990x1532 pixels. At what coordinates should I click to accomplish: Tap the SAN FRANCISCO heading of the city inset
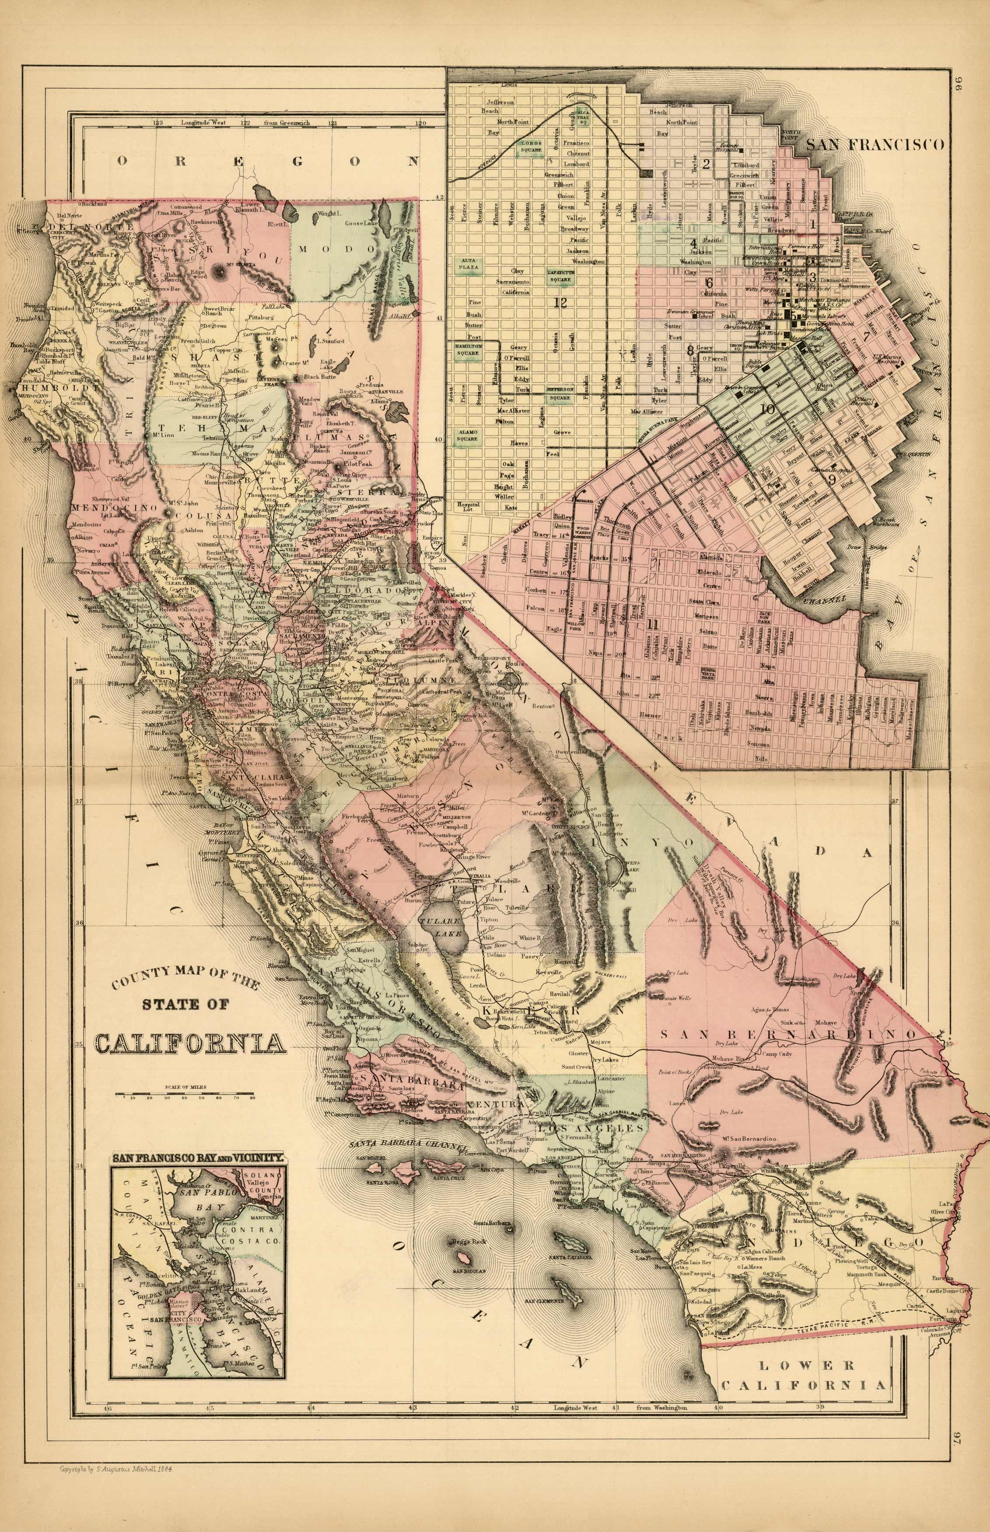coord(875,145)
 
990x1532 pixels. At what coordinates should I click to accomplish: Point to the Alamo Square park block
coord(467,435)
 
